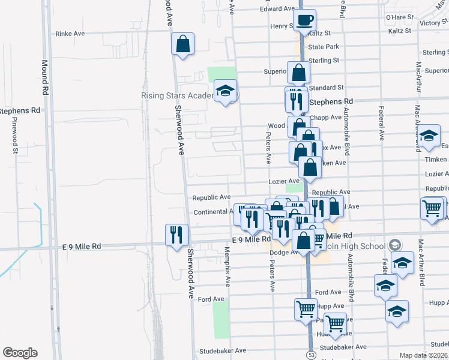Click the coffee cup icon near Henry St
[x=304, y=20]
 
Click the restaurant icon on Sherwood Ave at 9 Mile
[x=176, y=235]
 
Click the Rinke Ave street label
[x=70, y=34]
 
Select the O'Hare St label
[x=400, y=17]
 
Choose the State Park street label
[x=324, y=47]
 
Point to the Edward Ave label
[x=277, y=9]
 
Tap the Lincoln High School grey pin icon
[x=394, y=245]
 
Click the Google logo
[x=20, y=353]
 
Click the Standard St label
[x=327, y=88]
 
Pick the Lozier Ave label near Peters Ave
[x=285, y=181]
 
